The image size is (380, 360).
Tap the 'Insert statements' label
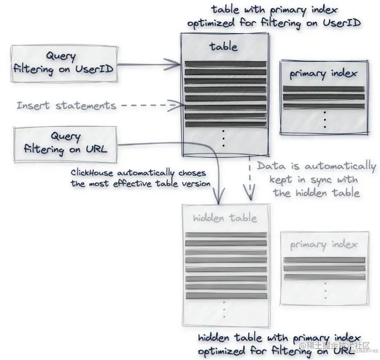pos(66,105)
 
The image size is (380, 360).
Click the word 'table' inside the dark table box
pos(223,47)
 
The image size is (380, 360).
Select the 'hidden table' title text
pos(224,218)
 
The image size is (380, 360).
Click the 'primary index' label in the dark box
pos(323,74)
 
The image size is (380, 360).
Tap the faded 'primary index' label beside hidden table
pos(324,245)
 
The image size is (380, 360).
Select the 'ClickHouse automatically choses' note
pos(138,178)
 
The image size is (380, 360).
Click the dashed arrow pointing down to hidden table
pos(250,179)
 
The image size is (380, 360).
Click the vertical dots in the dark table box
pos(223,138)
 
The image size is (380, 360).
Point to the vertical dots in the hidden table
pos(224,311)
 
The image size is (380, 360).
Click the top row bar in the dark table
pos(224,65)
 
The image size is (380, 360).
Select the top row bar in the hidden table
pos(226,235)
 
